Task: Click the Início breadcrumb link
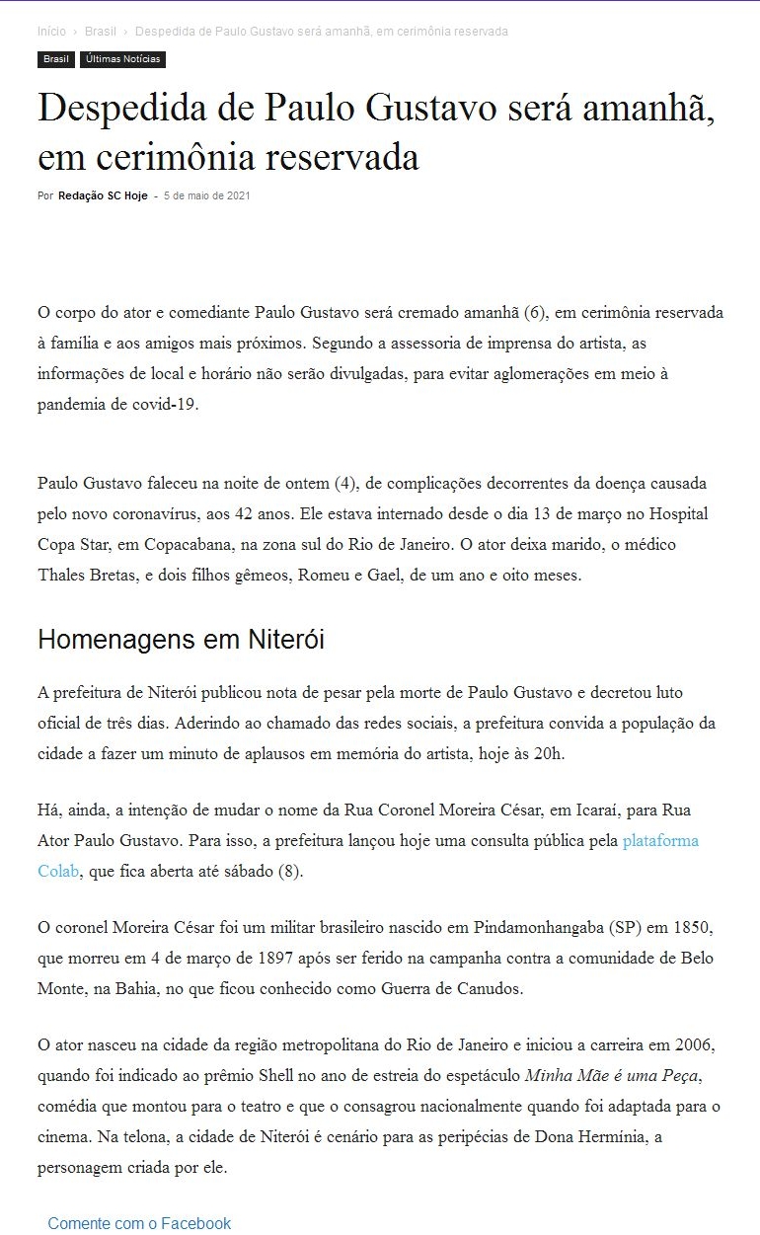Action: coord(51,32)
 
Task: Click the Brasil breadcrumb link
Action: coord(100,32)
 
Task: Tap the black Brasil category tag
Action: coord(56,59)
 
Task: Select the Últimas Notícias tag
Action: coord(122,59)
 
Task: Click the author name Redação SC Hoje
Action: coord(103,195)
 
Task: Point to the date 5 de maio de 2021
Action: coord(207,195)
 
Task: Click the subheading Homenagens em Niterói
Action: coord(181,640)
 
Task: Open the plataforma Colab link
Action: coord(659,841)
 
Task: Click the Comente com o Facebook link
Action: coord(139,1223)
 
